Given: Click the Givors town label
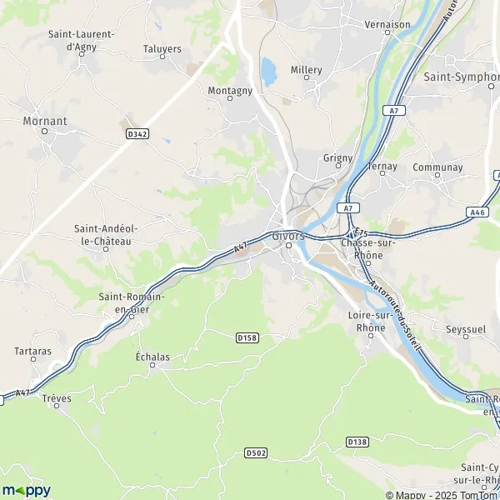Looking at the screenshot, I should [288, 236].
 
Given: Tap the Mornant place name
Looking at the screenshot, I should [46, 121].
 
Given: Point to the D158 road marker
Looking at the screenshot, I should [246, 337].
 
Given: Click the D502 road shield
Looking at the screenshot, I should [256, 452].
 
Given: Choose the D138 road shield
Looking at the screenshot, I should [357, 441].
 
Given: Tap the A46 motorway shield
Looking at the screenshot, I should [477, 212].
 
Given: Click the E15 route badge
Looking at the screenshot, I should [360, 232].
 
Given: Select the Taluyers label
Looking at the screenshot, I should [162, 49].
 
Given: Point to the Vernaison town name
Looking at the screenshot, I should [387, 24].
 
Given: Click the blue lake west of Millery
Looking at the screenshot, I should [268, 72].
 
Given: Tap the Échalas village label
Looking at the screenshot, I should [152, 357].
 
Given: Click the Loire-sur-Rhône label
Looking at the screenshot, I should [366, 321].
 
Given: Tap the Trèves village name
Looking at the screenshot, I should [57, 399].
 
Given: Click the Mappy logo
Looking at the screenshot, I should [26, 490].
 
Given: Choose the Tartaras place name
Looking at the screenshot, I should [32, 351].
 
